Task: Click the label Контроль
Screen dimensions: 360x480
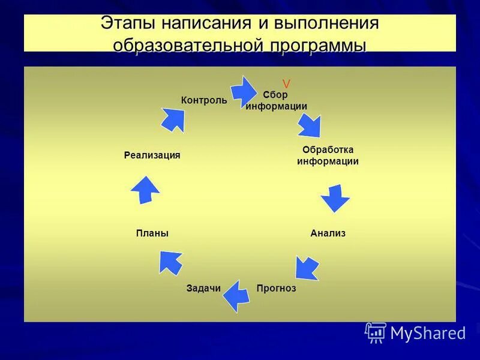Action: [x=204, y=100]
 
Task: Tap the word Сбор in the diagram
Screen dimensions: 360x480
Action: [x=275, y=95]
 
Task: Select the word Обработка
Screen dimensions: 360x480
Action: [x=328, y=149]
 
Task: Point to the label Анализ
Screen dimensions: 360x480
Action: [x=328, y=233]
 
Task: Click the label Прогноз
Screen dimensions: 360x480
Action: [x=276, y=288]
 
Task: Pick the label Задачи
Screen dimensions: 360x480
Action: [x=203, y=288]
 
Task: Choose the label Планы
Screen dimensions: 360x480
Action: [x=152, y=233]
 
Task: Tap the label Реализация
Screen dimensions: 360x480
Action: [x=152, y=155]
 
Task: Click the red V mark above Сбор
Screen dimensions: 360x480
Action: [x=286, y=84]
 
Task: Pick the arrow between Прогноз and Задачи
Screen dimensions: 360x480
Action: [x=236, y=295]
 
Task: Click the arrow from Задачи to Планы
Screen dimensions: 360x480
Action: [x=171, y=262]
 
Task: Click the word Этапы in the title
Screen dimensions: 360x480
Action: [x=128, y=25]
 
